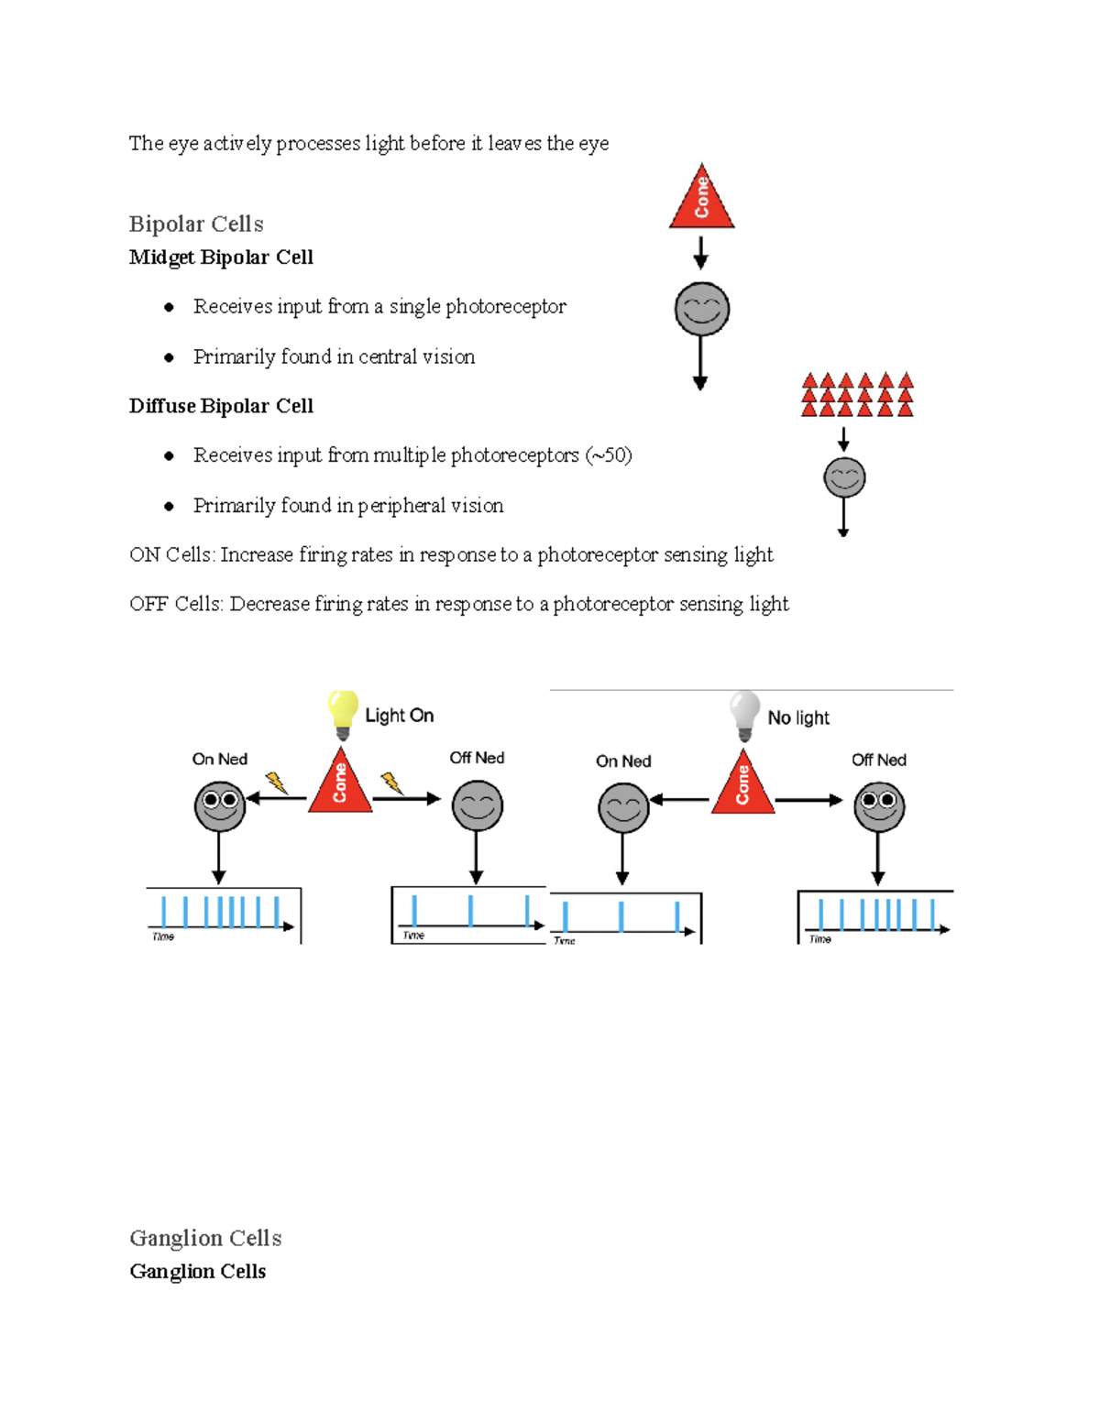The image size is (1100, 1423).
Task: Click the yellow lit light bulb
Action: (342, 713)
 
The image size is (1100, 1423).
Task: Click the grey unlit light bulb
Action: (744, 714)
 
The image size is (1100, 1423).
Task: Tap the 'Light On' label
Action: (399, 716)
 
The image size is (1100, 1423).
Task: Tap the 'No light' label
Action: (798, 717)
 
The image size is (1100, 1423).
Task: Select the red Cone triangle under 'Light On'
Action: (340, 784)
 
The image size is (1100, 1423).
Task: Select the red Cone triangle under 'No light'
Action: (742, 786)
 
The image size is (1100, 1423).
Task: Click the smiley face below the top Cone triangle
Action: (701, 309)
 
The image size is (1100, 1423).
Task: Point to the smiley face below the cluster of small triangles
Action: (844, 477)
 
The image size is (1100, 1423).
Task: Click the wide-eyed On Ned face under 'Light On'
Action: (220, 805)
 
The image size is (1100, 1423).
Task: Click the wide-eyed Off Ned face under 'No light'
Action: (879, 806)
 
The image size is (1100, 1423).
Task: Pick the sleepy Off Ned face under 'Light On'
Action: (478, 805)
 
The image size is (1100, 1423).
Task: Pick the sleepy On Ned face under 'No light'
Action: (623, 807)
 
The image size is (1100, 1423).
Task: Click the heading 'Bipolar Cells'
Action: (196, 224)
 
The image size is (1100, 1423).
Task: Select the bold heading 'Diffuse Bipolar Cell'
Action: (221, 406)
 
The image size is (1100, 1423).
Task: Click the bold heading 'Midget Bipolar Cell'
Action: (221, 257)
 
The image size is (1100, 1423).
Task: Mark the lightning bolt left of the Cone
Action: (276, 783)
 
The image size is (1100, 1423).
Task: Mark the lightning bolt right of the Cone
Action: (391, 783)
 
